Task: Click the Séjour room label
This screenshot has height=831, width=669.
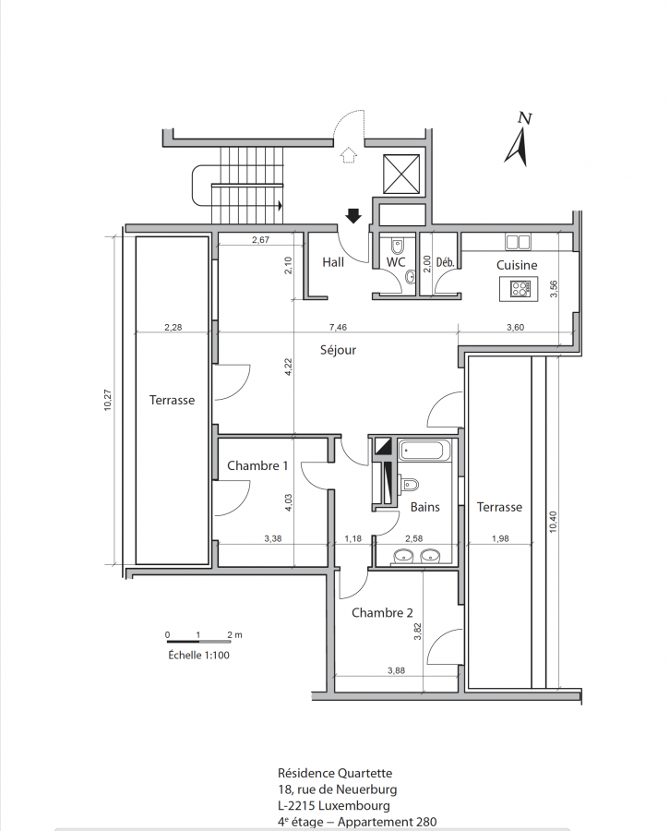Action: (x=338, y=350)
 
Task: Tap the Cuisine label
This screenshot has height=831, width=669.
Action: (x=517, y=265)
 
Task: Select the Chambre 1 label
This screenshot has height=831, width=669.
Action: (x=257, y=466)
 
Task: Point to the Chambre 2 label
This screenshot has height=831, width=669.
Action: (x=382, y=613)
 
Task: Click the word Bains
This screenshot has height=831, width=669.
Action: (x=424, y=507)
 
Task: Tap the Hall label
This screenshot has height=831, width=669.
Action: (x=333, y=262)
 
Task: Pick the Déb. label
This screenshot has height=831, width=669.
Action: (x=446, y=262)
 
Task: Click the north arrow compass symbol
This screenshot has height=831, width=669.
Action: (x=518, y=140)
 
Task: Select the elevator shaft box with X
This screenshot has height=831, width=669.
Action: (x=401, y=174)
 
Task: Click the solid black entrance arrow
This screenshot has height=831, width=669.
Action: (x=353, y=216)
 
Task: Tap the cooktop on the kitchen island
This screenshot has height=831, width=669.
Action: (x=520, y=289)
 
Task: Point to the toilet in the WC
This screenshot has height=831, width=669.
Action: (x=398, y=246)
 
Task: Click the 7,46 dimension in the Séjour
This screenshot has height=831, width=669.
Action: (x=338, y=327)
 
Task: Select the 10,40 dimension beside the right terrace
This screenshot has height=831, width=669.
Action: (x=553, y=522)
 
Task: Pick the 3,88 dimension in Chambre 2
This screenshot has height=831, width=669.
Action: (x=396, y=670)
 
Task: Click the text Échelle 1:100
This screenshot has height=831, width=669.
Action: (x=198, y=656)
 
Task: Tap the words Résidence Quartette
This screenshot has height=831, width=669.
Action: (x=335, y=773)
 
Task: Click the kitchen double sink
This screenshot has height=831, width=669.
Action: (x=518, y=242)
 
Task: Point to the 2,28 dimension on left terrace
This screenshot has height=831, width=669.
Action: (x=173, y=328)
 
